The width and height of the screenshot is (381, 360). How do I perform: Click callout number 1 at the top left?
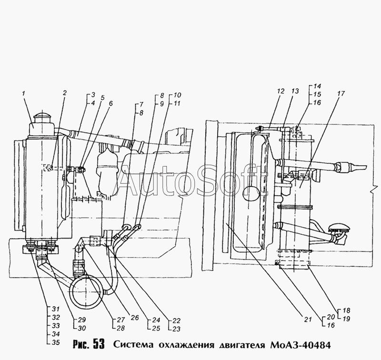click(24, 93)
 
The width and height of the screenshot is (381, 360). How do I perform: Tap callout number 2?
click(64, 93)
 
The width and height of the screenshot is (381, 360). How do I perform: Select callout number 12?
click(281, 91)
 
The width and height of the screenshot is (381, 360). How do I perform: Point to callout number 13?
click(295, 91)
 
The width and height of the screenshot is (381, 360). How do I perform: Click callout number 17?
click(341, 93)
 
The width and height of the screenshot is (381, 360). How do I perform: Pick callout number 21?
click(308, 319)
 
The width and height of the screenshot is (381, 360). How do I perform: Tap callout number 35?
click(56, 342)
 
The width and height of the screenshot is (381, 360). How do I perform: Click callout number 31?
click(56, 309)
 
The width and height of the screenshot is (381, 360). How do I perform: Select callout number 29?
click(81, 320)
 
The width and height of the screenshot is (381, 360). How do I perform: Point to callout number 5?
click(102, 98)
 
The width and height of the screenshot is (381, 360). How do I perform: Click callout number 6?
click(110, 103)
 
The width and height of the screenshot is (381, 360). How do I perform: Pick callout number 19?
click(346, 319)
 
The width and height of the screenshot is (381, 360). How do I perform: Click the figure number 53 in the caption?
click(99, 344)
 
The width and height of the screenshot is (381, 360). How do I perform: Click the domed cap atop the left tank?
click(41, 118)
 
